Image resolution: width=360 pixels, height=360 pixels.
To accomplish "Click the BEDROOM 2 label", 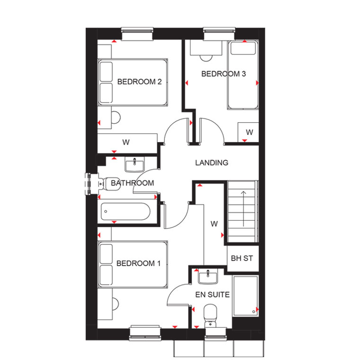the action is [x=139, y=82].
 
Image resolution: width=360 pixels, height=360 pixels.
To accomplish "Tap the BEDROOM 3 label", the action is [x=224, y=74].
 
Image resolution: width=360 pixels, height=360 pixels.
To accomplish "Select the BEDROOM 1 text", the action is [x=138, y=263].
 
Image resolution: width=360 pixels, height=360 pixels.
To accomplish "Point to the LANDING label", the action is [x=212, y=163].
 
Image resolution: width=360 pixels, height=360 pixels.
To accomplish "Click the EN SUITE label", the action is [x=212, y=295].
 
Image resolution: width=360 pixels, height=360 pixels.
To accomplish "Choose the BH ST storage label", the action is [x=242, y=258].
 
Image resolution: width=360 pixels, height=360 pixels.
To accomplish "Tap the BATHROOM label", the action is [x=133, y=183].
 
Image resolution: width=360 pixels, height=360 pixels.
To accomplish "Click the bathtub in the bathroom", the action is [x=126, y=211].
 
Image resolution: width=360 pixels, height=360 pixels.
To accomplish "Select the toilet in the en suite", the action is [x=210, y=316].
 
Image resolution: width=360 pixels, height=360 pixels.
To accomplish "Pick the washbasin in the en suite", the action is [x=208, y=277].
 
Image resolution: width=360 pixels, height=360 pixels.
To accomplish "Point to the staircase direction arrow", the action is [x=243, y=209].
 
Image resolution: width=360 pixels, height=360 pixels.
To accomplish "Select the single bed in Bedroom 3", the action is [x=243, y=75].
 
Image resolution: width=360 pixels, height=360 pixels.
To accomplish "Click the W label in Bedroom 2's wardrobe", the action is [x=126, y=143].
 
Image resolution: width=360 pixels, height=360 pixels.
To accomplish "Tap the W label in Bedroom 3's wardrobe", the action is [x=249, y=132].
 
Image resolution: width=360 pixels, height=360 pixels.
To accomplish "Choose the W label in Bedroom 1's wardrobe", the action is [x=214, y=224].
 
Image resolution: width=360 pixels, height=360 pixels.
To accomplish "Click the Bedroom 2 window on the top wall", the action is [x=137, y=34].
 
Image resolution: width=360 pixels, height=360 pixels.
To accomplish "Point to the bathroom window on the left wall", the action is [x=89, y=184].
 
